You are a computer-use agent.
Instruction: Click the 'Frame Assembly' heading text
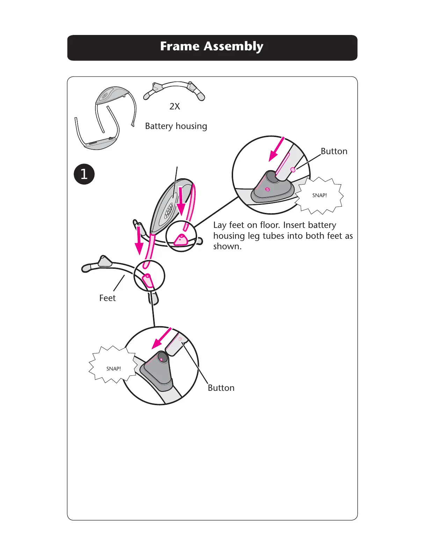212,46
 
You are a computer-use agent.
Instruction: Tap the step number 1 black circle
84,174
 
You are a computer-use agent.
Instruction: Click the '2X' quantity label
175,106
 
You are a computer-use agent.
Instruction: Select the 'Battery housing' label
176,126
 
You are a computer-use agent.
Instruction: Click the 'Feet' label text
107,298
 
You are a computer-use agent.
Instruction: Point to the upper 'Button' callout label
334,151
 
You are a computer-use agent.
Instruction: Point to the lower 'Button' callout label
221,388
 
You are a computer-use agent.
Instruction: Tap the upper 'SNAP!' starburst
319,195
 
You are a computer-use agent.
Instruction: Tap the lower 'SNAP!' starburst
114,368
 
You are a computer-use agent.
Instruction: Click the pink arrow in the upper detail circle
276,149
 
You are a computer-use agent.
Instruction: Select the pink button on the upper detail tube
293,170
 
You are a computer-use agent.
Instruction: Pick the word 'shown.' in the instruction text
227,246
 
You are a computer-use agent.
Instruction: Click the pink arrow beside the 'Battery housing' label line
181,201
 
